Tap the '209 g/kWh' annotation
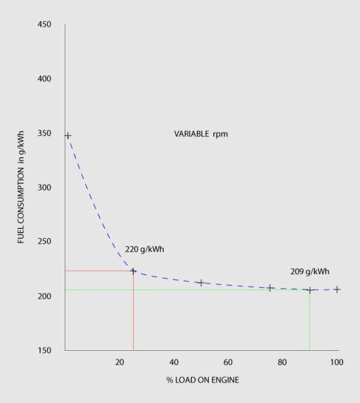click(x=309, y=271)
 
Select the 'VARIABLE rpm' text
click(x=201, y=134)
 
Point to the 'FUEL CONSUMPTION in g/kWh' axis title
click(x=21, y=188)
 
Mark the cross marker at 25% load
click(x=133, y=271)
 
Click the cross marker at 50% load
click(x=201, y=282)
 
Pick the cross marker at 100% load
click(x=337, y=290)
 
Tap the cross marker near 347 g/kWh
click(x=68, y=136)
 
